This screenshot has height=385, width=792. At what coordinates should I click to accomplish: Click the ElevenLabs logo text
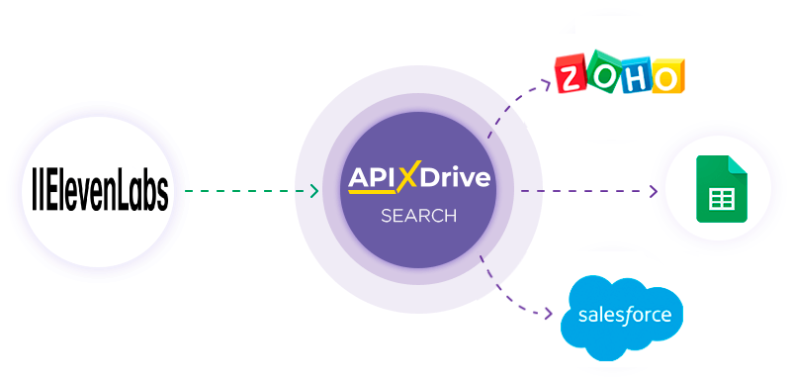99,192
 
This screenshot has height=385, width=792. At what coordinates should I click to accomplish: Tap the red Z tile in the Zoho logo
571,77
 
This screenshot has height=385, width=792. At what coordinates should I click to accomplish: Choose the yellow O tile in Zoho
666,76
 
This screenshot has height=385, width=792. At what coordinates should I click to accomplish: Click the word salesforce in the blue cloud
623,317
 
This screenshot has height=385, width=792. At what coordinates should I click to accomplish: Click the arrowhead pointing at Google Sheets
653,191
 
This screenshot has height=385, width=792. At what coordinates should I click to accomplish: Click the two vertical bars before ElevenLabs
37,192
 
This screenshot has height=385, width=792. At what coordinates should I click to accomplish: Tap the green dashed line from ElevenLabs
247,191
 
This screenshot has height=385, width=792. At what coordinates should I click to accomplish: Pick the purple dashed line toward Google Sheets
583,191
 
